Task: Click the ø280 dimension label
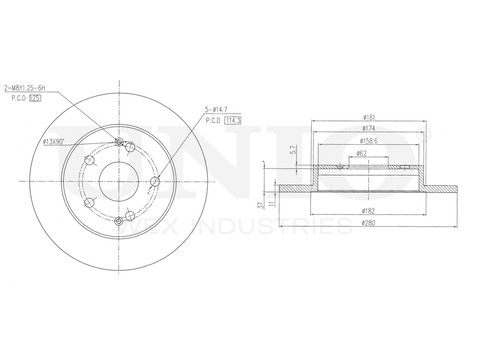point(368,223)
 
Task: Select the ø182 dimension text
point(368,211)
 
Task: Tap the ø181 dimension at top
point(369,117)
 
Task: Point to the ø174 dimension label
point(369,129)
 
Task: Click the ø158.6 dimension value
point(369,141)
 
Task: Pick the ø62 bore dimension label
point(361,153)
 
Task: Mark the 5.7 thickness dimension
point(293,150)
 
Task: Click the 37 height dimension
point(261,205)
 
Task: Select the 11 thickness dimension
point(271,203)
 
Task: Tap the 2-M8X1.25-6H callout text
point(24,88)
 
